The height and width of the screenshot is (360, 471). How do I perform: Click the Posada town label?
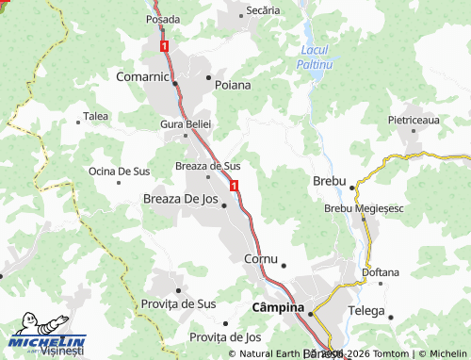(x=163, y=19)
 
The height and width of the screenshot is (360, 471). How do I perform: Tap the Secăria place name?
(x=263, y=9)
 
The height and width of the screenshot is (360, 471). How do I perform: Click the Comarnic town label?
(x=141, y=75)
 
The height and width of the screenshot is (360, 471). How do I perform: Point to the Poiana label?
(x=233, y=84)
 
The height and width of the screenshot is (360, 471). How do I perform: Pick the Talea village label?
(x=96, y=116)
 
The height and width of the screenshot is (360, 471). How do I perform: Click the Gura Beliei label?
(x=187, y=124)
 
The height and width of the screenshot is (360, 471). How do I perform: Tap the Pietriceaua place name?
(x=414, y=121)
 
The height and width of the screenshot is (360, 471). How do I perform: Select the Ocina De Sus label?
(x=119, y=172)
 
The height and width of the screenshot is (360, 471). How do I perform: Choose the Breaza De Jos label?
(x=179, y=199)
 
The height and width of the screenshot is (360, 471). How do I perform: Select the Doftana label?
(x=381, y=272)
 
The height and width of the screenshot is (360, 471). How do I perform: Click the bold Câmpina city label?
(x=278, y=308)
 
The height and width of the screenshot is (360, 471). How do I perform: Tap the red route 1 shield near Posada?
(x=165, y=44)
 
